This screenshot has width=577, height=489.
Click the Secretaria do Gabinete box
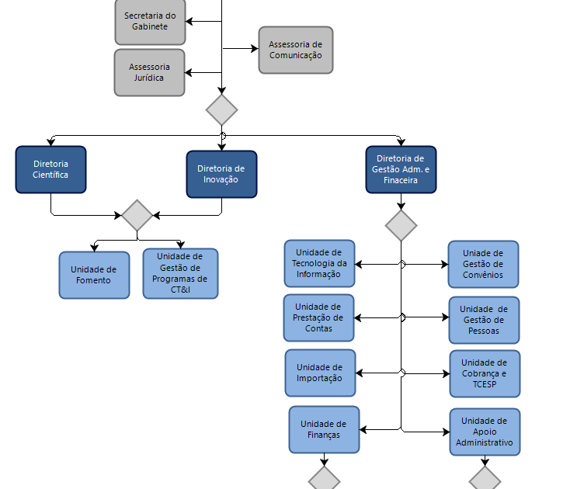pos(150,22)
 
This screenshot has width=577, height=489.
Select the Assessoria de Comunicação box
pos(296,50)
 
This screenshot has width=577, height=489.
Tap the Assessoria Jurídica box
pos(149,72)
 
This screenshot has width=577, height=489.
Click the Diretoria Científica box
pos(50,169)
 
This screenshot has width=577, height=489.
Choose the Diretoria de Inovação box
pos(221,175)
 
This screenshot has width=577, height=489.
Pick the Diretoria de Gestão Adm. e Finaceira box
pos(401,169)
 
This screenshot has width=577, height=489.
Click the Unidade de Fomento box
pos(94,275)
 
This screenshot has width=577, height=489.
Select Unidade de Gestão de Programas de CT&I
pos(180,273)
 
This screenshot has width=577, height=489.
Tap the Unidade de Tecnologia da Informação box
pos(319,264)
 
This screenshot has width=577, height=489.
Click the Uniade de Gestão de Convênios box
pos(483,265)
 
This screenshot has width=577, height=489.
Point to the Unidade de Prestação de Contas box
pos(318,317)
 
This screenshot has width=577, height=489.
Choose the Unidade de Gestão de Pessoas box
pos(484,321)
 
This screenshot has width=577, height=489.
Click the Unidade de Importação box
pos(320,373)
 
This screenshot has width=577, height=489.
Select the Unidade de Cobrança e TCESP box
pos(485,373)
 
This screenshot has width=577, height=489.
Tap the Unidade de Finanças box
pos(324,429)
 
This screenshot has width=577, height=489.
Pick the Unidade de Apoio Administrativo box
pos(485,432)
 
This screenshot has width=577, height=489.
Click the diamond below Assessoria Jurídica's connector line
pos(221,110)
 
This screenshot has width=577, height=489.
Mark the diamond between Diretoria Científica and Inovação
pos(137,215)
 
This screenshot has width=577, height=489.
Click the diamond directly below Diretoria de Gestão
pos(401,225)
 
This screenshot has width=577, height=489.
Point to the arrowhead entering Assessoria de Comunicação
pos(255,49)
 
